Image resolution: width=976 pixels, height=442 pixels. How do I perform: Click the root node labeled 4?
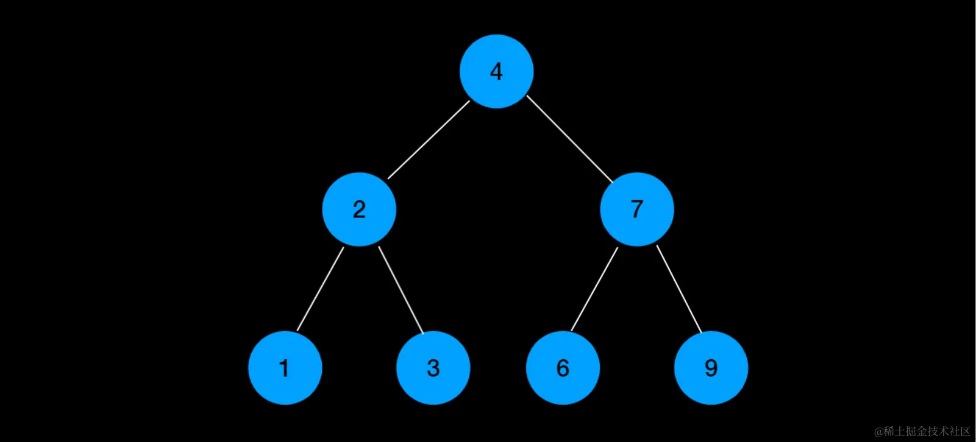pyautogui.click(x=497, y=71)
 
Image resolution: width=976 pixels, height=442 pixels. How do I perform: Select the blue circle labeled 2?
pyautogui.click(x=359, y=209)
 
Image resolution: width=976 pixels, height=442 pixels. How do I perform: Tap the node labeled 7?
pyautogui.click(x=637, y=209)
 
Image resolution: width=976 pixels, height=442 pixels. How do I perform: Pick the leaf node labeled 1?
pyautogui.click(x=285, y=368)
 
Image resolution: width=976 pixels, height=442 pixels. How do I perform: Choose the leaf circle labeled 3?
pyautogui.click(x=433, y=368)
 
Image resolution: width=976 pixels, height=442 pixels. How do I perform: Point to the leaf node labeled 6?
pyautogui.click(x=563, y=368)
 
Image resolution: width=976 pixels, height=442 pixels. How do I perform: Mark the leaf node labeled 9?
pyautogui.click(x=711, y=368)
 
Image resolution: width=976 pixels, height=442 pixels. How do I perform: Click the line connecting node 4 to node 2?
pyautogui.click(x=429, y=139)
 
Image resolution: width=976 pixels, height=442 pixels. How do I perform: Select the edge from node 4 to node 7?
pyautogui.click(x=569, y=139)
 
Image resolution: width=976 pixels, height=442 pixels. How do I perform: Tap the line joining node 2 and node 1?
pyautogui.click(x=321, y=289)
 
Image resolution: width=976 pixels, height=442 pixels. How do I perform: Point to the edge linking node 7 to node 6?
pyautogui.click(x=594, y=289)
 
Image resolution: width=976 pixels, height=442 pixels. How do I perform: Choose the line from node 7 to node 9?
pyautogui.click(x=679, y=289)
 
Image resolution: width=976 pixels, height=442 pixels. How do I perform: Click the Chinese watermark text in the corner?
pyautogui.click(x=926, y=431)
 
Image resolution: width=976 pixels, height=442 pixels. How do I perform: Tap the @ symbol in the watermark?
pyautogui.click(x=879, y=432)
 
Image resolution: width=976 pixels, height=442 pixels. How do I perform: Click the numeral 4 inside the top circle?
pyautogui.click(x=496, y=72)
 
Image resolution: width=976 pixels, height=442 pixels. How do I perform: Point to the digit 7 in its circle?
pyautogui.click(x=636, y=209)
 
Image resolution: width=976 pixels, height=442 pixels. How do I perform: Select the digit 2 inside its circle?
pyautogui.click(x=359, y=209)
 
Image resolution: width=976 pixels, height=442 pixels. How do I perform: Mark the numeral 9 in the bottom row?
pyautogui.click(x=711, y=368)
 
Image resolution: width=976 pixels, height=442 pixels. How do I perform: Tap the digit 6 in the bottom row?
pyautogui.click(x=563, y=368)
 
